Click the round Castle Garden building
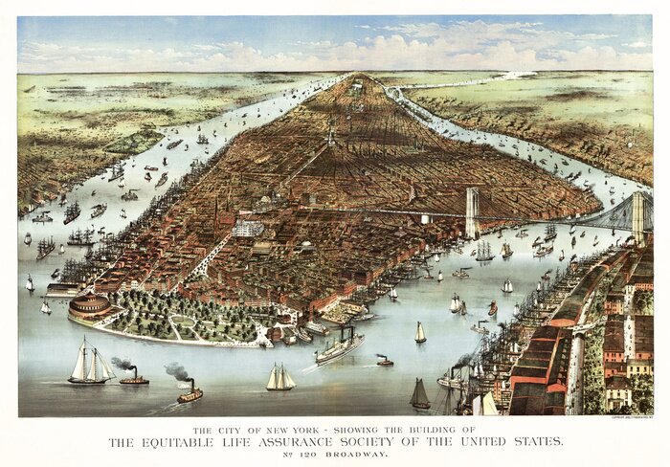[x=89, y=308]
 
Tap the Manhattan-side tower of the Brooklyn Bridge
[x=472, y=212]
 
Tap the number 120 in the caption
[x=308, y=456]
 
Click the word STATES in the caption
[x=533, y=442]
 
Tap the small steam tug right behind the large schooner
[x=134, y=378]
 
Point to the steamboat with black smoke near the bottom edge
[x=190, y=393]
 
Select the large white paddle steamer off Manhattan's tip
[x=340, y=347]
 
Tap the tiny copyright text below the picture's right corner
[x=631, y=418]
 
